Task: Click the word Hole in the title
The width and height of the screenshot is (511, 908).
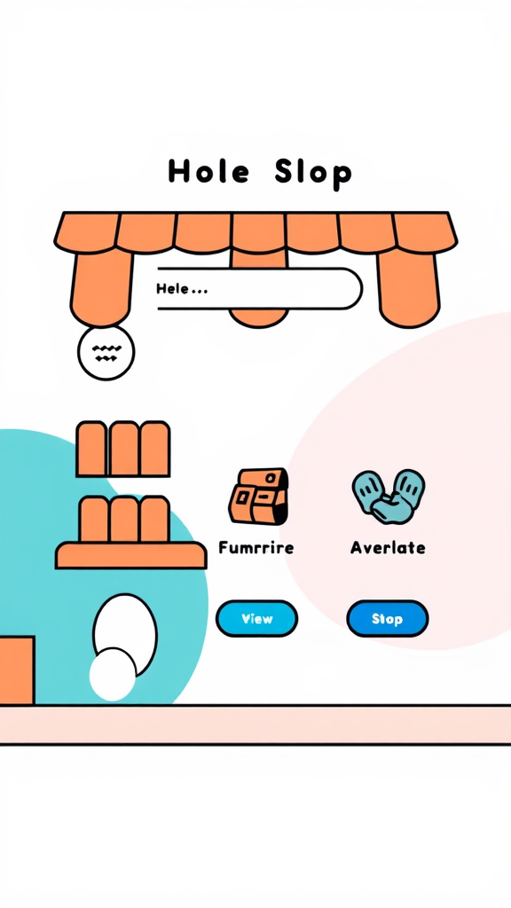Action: [x=208, y=171]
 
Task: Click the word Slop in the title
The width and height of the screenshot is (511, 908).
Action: [x=313, y=172]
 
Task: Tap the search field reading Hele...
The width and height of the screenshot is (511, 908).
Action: [x=258, y=288]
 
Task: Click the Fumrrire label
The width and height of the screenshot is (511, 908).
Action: [x=256, y=548]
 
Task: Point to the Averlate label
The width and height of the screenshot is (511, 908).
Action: [x=388, y=548]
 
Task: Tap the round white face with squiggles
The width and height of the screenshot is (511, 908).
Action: [x=106, y=352]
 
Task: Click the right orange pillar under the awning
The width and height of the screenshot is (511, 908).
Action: [x=409, y=288]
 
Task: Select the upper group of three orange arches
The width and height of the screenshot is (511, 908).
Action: [x=123, y=449]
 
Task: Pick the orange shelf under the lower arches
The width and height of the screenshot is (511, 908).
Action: [x=130, y=556]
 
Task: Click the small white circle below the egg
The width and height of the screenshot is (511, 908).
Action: [x=113, y=675]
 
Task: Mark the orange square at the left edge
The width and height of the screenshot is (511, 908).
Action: [x=16, y=670]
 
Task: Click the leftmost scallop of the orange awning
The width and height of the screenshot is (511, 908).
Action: [x=87, y=232]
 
